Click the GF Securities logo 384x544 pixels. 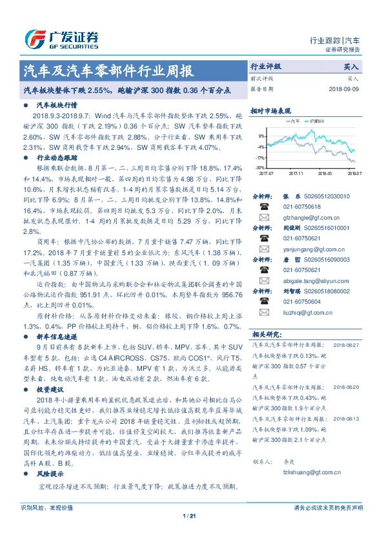coord(61,40)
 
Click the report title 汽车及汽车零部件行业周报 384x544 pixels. coord(108,71)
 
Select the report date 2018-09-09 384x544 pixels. coord(345,89)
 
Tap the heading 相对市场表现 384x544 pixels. coord(268,110)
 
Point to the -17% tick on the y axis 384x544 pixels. coord(261,157)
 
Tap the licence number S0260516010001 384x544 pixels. coord(328,229)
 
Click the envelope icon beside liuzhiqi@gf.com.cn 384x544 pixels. coord(264,312)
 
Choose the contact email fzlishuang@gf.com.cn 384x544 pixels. coord(303,473)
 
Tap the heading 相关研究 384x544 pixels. coord(267,334)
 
